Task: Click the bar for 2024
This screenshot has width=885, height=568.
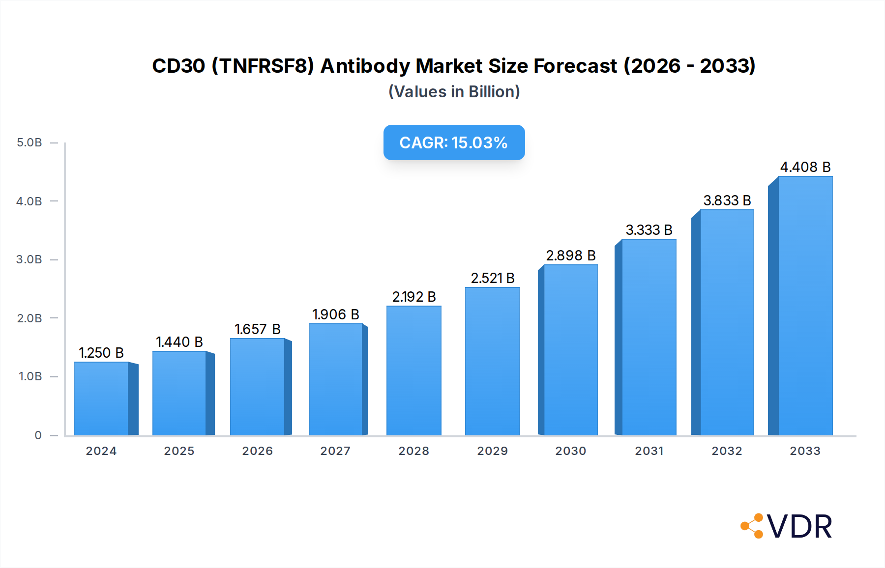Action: click(101, 398)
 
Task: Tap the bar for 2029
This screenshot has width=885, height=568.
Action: click(492, 361)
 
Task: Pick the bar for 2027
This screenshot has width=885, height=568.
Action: click(336, 379)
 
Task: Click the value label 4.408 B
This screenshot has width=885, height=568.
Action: click(805, 167)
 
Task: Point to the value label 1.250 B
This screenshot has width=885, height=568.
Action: click(101, 353)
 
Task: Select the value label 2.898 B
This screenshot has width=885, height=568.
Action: click(570, 256)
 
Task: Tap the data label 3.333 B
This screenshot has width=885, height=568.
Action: click(649, 230)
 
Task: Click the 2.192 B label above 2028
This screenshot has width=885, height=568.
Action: click(413, 297)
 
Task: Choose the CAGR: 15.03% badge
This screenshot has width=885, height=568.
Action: click(454, 142)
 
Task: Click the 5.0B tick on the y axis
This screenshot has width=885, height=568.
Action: click(29, 142)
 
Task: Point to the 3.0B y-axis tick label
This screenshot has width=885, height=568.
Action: click(29, 259)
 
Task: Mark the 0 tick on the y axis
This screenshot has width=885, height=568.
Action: click(38, 435)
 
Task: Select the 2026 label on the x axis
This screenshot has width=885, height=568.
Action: click(257, 451)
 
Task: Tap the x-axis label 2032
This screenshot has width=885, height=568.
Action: click(727, 451)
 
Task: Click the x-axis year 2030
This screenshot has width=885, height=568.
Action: click(570, 451)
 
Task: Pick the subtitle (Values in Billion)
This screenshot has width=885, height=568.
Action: click(454, 92)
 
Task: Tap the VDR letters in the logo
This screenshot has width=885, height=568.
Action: click(799, 527)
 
